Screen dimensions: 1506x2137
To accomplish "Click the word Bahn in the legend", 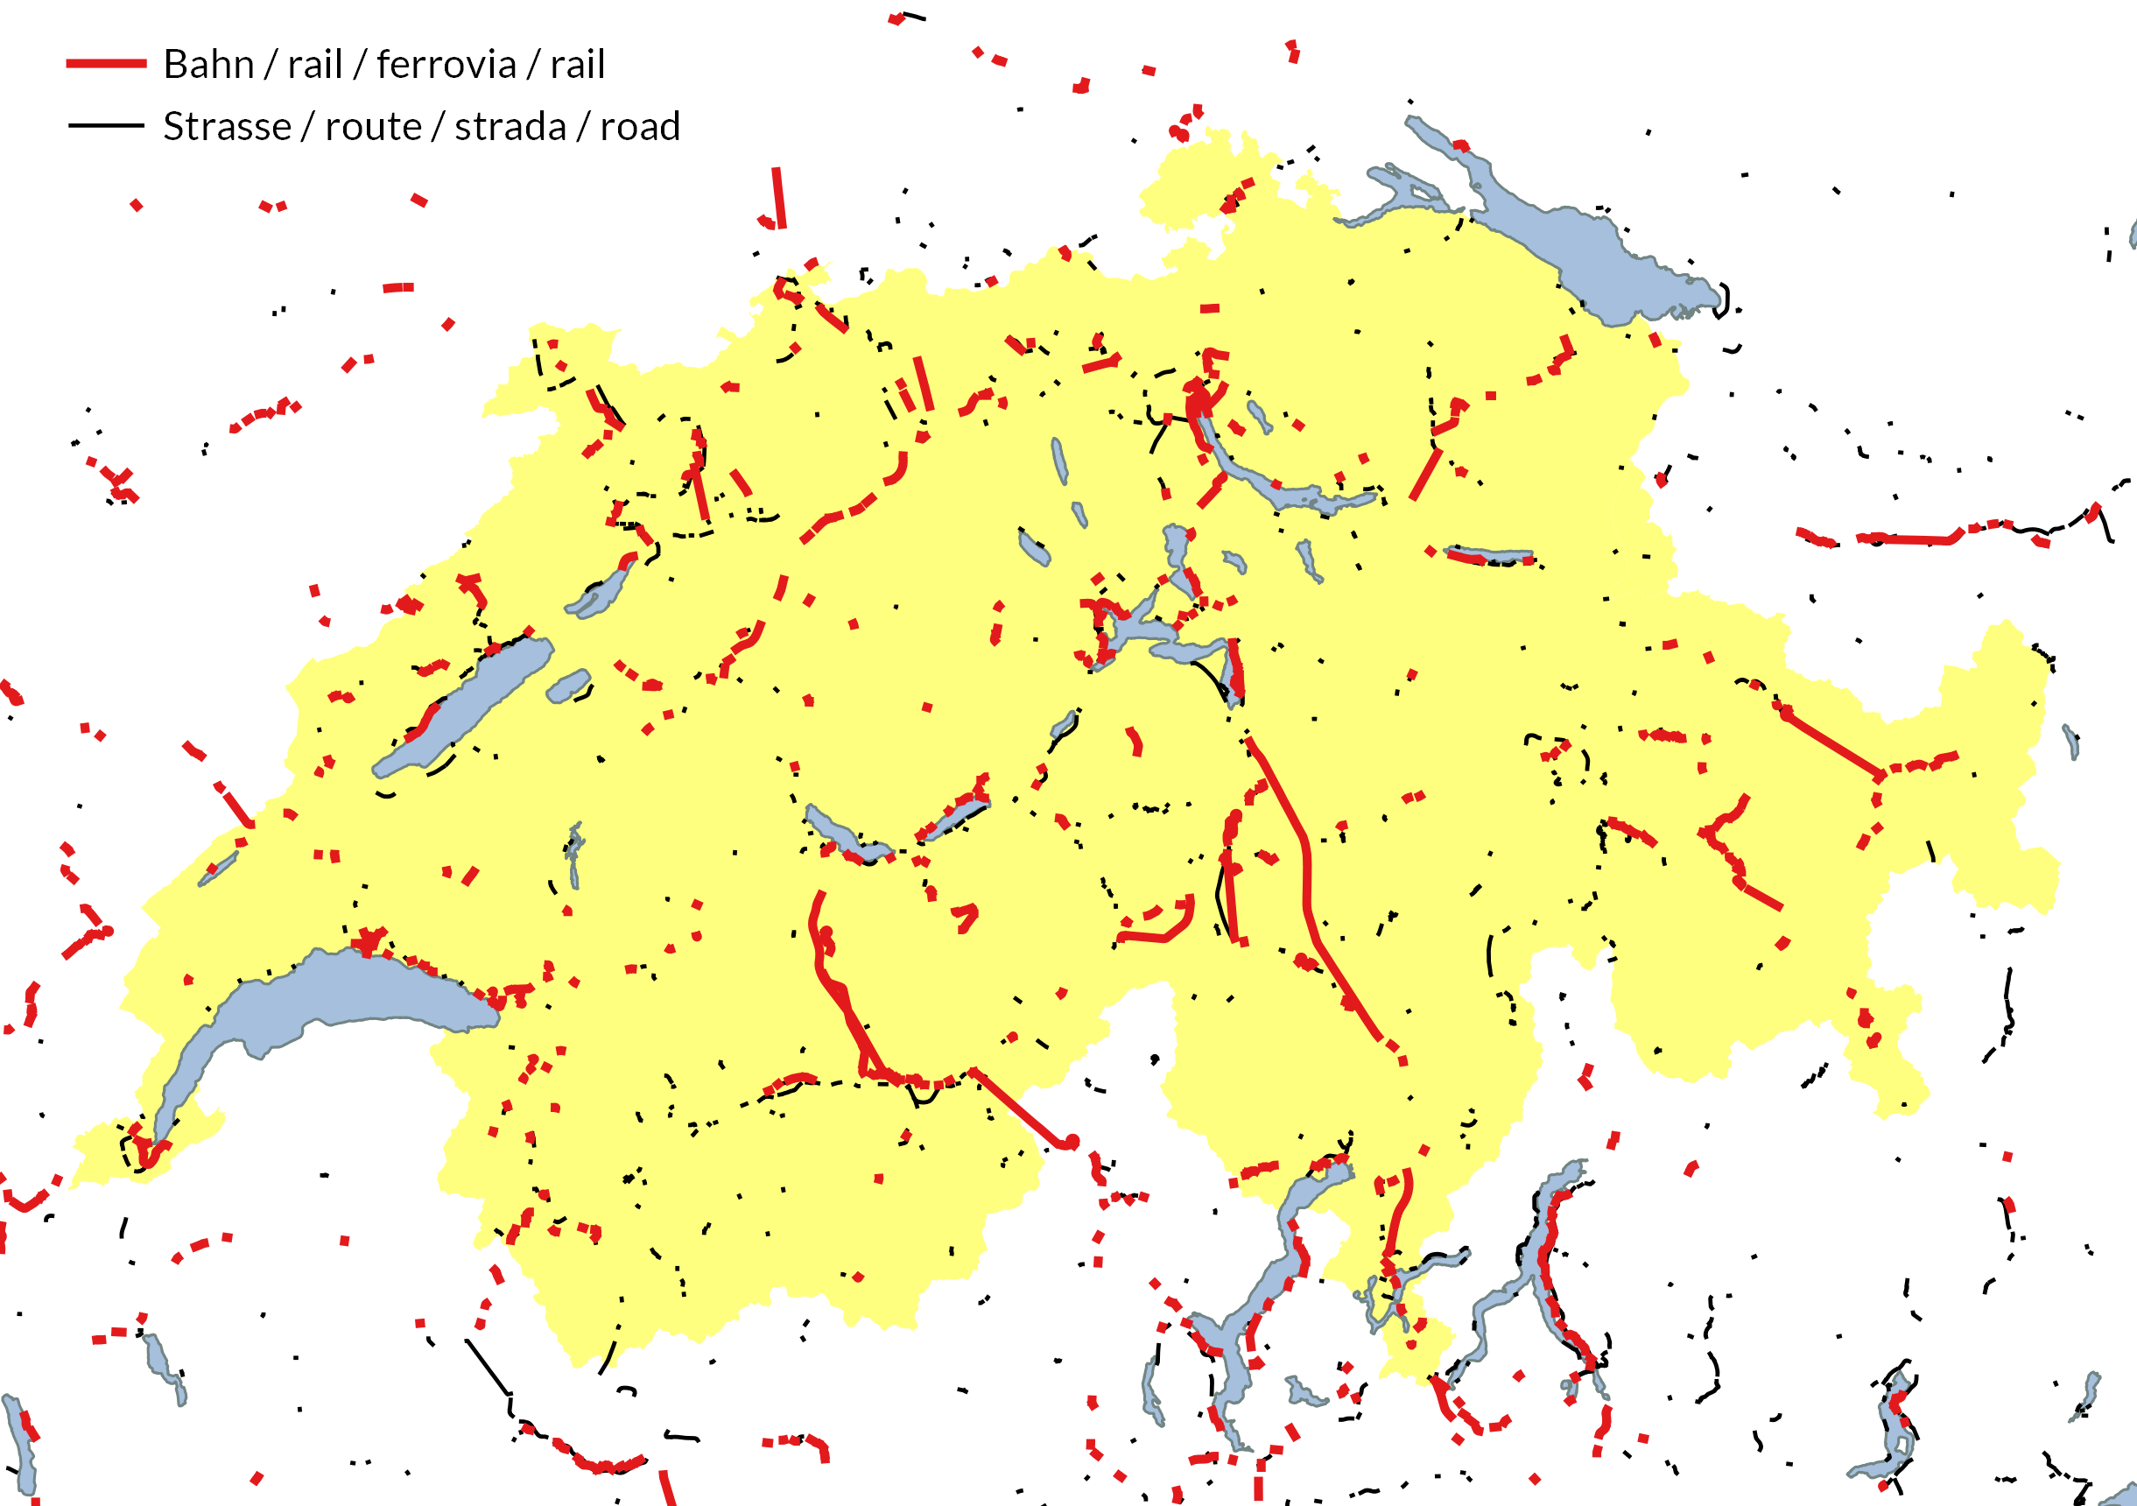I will pos(208,65).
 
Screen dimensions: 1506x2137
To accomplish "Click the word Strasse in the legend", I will pos(227,127).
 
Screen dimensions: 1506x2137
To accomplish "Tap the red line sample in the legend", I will pos(106,63).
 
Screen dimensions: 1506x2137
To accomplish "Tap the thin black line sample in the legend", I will pos(106,124).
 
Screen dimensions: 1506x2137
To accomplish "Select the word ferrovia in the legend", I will pos(446,65).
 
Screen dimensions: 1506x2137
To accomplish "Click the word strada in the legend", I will pos(510,127).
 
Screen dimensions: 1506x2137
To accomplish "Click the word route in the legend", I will pos(373,127).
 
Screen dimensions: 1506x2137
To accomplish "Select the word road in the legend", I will pos(640,127).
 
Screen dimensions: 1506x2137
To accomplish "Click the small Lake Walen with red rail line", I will pos(1489,556).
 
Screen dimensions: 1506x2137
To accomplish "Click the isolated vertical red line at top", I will pos(778,197).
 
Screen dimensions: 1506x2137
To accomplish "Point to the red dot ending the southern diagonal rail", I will pos(1072,1141).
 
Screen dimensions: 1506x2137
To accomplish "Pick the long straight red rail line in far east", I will pos(1830,743).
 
